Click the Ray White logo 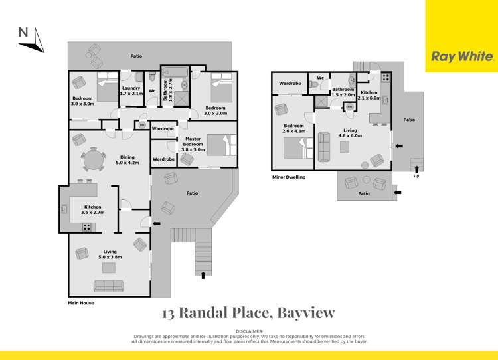point(462,56)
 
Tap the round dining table point(94,160)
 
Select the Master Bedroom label point(193,147)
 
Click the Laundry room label point(131,90)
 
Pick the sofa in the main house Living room point(108,286)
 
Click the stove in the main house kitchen point(87,227)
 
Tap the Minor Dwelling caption point(289,177)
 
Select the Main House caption point(81,303)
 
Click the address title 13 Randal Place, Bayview point(249,313)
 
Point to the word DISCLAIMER point(249,331)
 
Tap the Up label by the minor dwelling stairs point(416,176)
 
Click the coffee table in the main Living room point(108,268)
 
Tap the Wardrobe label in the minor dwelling point(290,84)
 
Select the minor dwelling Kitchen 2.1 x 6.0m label point(369,96)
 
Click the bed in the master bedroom point(218,143)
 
